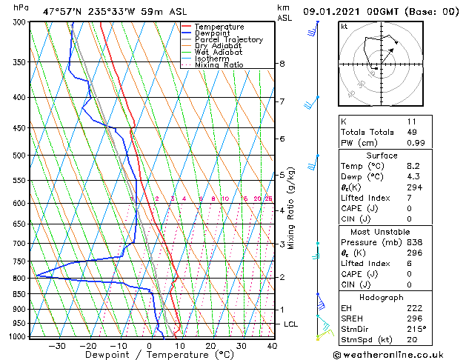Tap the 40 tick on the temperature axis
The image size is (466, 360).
coord(272,346)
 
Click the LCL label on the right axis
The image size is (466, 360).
coord(292,324)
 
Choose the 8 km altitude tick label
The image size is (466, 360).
coord(282,64)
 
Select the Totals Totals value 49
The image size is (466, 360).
coord(413,132)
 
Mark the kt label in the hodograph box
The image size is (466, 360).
coord(344,27)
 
